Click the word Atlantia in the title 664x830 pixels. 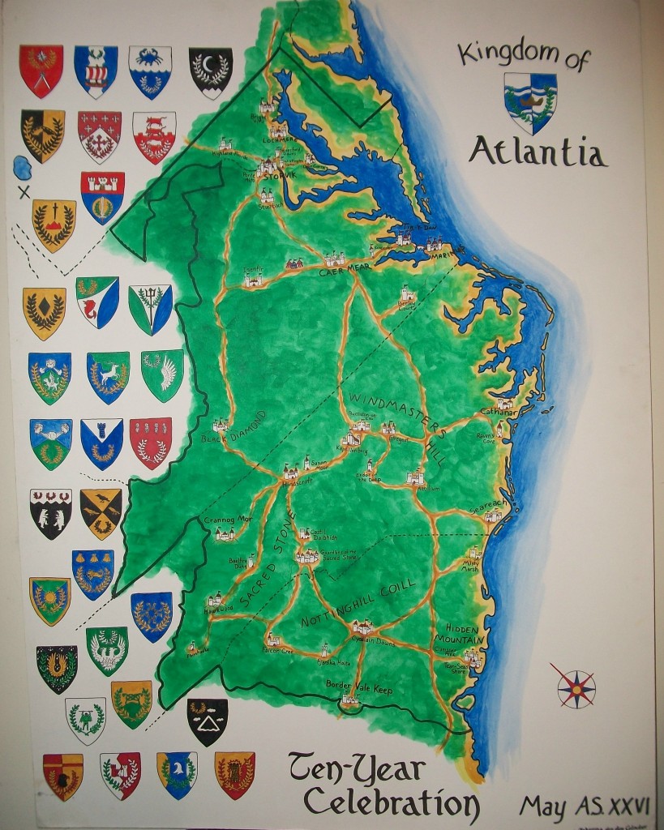click(x=538, y=151)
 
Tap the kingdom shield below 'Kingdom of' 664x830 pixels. click(x=530, y=102)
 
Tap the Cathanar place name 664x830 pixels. click(x=498, y=412)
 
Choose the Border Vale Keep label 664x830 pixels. click(x=359, y=690)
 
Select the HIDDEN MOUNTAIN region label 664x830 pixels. click(x=465, y=634)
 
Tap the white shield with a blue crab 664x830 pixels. click(x=150, y=70)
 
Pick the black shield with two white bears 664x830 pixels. click(x=50, y=512)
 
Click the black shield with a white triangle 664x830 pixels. click(x=208, y=720)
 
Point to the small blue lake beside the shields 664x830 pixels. click(x=23, y=169)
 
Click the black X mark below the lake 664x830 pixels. click(x=24, y=192)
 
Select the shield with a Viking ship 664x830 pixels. click(x=96, y=71)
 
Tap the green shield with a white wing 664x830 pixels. click(x=162, y=374)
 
